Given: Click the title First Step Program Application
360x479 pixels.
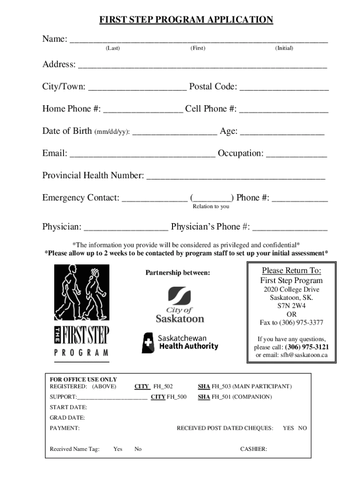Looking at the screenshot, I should coord(186,20).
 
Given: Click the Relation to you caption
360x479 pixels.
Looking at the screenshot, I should coord(211,206).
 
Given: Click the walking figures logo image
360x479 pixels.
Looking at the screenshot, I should coord(82,292).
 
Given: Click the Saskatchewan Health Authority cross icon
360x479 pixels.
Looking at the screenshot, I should coord(148,343).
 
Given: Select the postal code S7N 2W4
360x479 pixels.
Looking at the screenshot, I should coord(291,306).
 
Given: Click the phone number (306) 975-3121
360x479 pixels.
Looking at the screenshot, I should coord(307,347).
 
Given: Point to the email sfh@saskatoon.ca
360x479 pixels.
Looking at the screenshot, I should coord(304,355).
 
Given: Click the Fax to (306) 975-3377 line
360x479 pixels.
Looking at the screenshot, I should coord(291,323).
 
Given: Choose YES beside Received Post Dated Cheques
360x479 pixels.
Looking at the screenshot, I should coord(288,428).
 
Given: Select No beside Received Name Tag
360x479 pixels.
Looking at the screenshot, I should coord(138,449).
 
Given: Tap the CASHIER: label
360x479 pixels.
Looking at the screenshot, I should coord(253,449).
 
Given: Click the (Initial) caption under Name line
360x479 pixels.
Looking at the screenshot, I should coord(284,48).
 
